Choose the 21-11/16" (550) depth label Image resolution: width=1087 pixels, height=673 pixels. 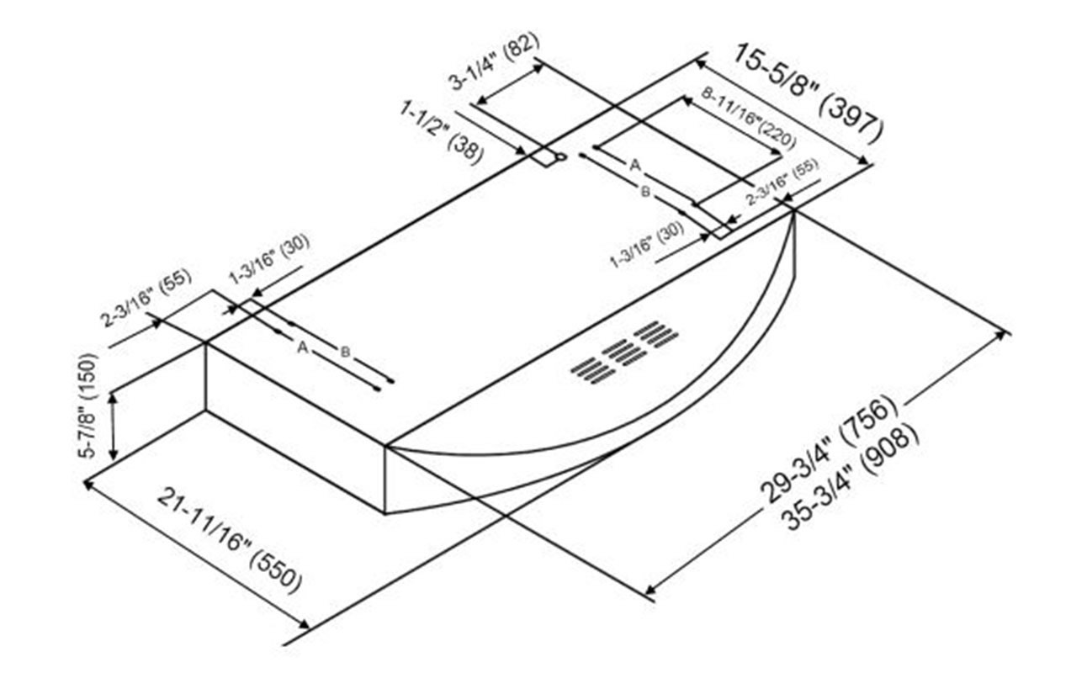(228, 539)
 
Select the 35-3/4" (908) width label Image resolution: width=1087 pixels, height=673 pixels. (850, 475)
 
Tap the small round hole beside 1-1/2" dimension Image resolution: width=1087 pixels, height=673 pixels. (560, 156)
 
